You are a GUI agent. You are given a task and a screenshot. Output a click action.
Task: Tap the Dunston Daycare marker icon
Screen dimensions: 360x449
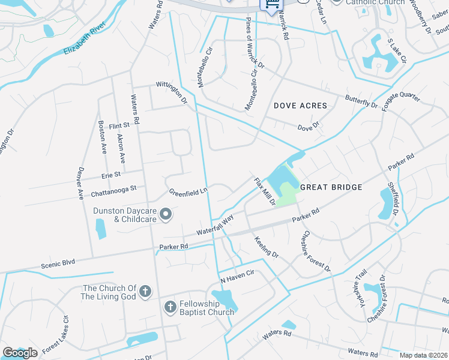[x=167, y=214]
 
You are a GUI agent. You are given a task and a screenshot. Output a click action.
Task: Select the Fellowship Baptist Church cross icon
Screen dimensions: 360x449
[x=170, y=308]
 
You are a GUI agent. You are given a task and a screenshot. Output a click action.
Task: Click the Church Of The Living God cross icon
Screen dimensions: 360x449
[x=145, y=292]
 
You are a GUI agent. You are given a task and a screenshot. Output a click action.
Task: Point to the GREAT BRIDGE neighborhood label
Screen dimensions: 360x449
[x=331, y=187]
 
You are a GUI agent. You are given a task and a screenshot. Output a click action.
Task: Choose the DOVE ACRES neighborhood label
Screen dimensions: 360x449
[x=301, y=106]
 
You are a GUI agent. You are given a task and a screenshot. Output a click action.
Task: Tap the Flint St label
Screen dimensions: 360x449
[x=119, y=125]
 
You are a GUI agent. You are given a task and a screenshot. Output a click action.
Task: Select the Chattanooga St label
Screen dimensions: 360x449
[x=114, y=191]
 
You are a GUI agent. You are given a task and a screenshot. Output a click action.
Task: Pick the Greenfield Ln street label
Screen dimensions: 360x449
[x=188, y=192]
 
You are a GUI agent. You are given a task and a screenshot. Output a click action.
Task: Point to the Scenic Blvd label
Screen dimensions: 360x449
[x=58, y=262]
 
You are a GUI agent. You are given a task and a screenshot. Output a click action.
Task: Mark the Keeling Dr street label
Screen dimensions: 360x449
[x=267, y=247]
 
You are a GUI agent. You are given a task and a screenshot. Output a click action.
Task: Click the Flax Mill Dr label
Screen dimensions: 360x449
[x=264, y=191]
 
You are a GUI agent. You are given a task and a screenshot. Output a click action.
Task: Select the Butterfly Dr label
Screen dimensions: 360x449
[x=361, y=100]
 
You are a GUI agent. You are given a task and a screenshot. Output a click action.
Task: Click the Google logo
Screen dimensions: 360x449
[x=20, y=353]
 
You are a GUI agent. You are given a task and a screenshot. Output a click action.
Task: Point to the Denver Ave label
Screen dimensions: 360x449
[x=80, y=182]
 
